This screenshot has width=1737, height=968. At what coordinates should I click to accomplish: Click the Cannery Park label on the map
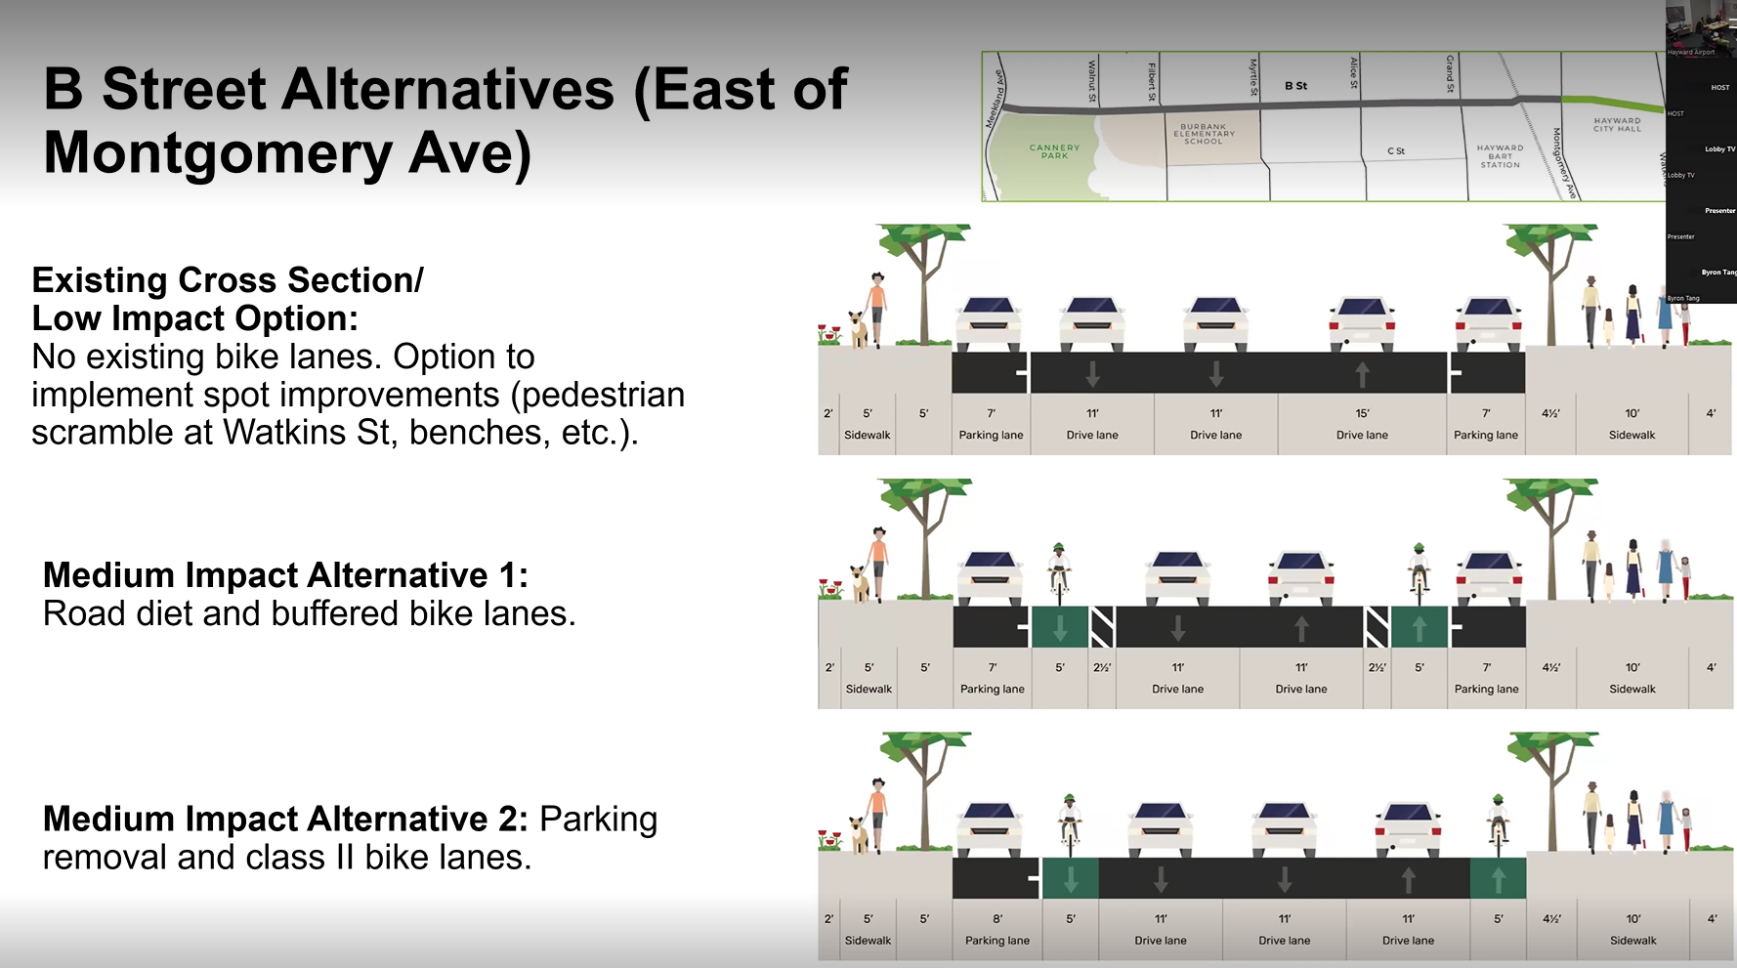pyautogui.click(x=1054, y=151)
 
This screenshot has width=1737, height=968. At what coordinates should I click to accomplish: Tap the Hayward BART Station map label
pyautogui.click(x=1500, y=156)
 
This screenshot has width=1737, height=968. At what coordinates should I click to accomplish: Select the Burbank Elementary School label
pyautogui.click(x=1204, y=134)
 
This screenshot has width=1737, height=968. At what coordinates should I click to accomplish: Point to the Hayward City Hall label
pyautogui.click(x=1617, y=124)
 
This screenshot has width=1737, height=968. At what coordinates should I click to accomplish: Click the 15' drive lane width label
pyautogui.click(x=1362, y=413)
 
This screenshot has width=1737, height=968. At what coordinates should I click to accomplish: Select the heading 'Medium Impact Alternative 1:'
pyautogui.click(x=285, y=575)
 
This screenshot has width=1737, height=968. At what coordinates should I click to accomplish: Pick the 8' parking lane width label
pyautogui.click(x=997, y=919)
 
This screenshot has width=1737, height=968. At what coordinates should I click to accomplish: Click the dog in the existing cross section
pyautogui.click(x=858, y=329)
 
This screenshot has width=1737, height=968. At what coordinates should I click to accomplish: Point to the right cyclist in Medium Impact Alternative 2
pyautogui.click(x=1498, y=821)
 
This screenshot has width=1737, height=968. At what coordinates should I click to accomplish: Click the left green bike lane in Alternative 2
pyautogui.click(x=1071, y=879)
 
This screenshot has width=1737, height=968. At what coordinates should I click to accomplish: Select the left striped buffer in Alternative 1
pyautogui.click(x=1102, y=627)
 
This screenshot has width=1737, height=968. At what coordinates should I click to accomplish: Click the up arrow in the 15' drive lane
pyautogui.click(x=1362, y=374)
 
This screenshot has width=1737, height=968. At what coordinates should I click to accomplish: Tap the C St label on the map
pyautogui.click(x=1396, y=151)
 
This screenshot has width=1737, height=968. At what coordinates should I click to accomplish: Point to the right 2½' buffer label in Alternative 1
pyautogui.click(x=1377, y=668)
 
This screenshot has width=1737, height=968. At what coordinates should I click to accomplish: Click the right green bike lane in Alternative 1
pyautogui.click(x=1419, y=627)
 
